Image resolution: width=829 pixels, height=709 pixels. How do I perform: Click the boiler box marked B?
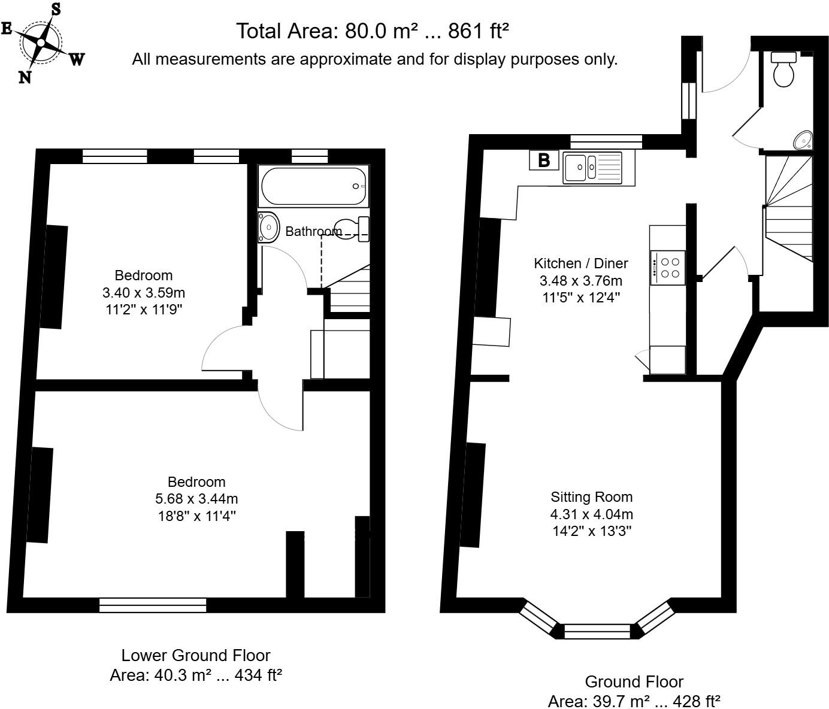point(544,160)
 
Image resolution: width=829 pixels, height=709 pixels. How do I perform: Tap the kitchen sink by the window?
point(592,168)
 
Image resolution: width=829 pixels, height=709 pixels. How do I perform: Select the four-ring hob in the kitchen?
point(668,268)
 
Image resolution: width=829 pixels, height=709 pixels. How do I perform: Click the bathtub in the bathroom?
point(313,186)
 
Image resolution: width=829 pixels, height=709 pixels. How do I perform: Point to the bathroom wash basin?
point(268,228)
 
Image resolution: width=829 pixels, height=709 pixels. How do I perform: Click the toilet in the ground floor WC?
point(783,70)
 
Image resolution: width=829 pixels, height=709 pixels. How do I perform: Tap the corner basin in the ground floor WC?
point(803,140)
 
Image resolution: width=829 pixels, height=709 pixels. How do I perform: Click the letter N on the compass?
point(25,77)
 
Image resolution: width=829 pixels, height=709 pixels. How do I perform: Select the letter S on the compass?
point(56,9)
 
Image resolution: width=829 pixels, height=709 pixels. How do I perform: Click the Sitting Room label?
point(592,497)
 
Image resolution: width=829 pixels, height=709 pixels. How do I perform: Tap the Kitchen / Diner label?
point(581,263)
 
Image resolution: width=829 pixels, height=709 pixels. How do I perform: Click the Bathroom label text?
point(314,231)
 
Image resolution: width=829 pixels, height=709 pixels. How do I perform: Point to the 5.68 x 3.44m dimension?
point(196,498)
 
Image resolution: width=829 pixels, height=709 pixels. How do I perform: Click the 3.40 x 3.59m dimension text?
point(144,293)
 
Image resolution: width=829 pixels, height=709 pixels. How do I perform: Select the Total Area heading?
point(373,31)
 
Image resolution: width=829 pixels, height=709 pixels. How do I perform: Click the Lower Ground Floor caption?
point(196,655)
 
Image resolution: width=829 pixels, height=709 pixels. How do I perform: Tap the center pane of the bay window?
point(598,632)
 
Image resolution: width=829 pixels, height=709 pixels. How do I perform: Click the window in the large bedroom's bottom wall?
point(153,605)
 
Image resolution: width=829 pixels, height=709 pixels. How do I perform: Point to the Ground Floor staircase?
point(789,208)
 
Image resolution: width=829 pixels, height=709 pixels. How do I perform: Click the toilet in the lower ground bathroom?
point(352,229)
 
